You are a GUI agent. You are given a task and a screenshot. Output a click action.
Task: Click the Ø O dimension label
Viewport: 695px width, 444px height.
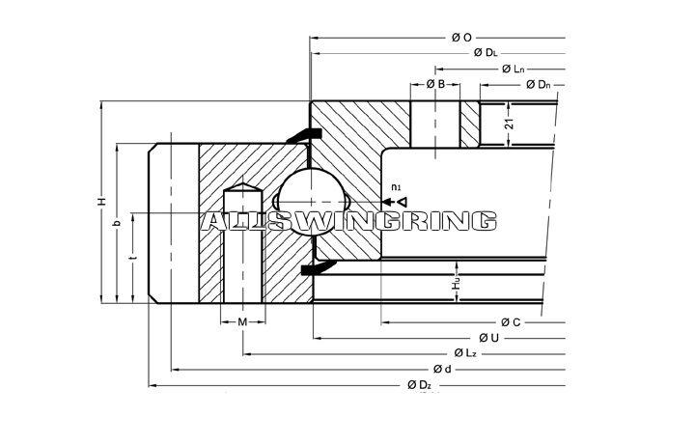coord(460,37)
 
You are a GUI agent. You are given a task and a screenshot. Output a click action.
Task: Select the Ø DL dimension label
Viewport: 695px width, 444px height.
coord(485,53)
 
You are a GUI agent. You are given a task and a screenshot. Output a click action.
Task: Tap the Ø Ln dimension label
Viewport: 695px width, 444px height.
coord(513,69)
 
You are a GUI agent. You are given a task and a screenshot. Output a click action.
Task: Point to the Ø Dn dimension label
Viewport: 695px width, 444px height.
coord(538,86)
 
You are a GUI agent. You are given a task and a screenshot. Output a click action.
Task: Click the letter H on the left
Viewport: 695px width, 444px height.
coord(99,202)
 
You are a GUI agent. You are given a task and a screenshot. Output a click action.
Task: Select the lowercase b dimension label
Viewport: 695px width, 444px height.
coord(116,223)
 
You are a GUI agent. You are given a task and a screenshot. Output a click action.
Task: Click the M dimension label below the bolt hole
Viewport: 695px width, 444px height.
coord(242,320)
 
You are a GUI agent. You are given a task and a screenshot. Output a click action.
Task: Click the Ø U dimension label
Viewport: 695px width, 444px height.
coord(487,337)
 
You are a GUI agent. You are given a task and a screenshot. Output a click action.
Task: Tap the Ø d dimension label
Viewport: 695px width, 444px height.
coord(442,370)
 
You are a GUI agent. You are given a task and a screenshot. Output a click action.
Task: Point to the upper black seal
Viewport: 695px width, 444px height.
coord(305,134)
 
